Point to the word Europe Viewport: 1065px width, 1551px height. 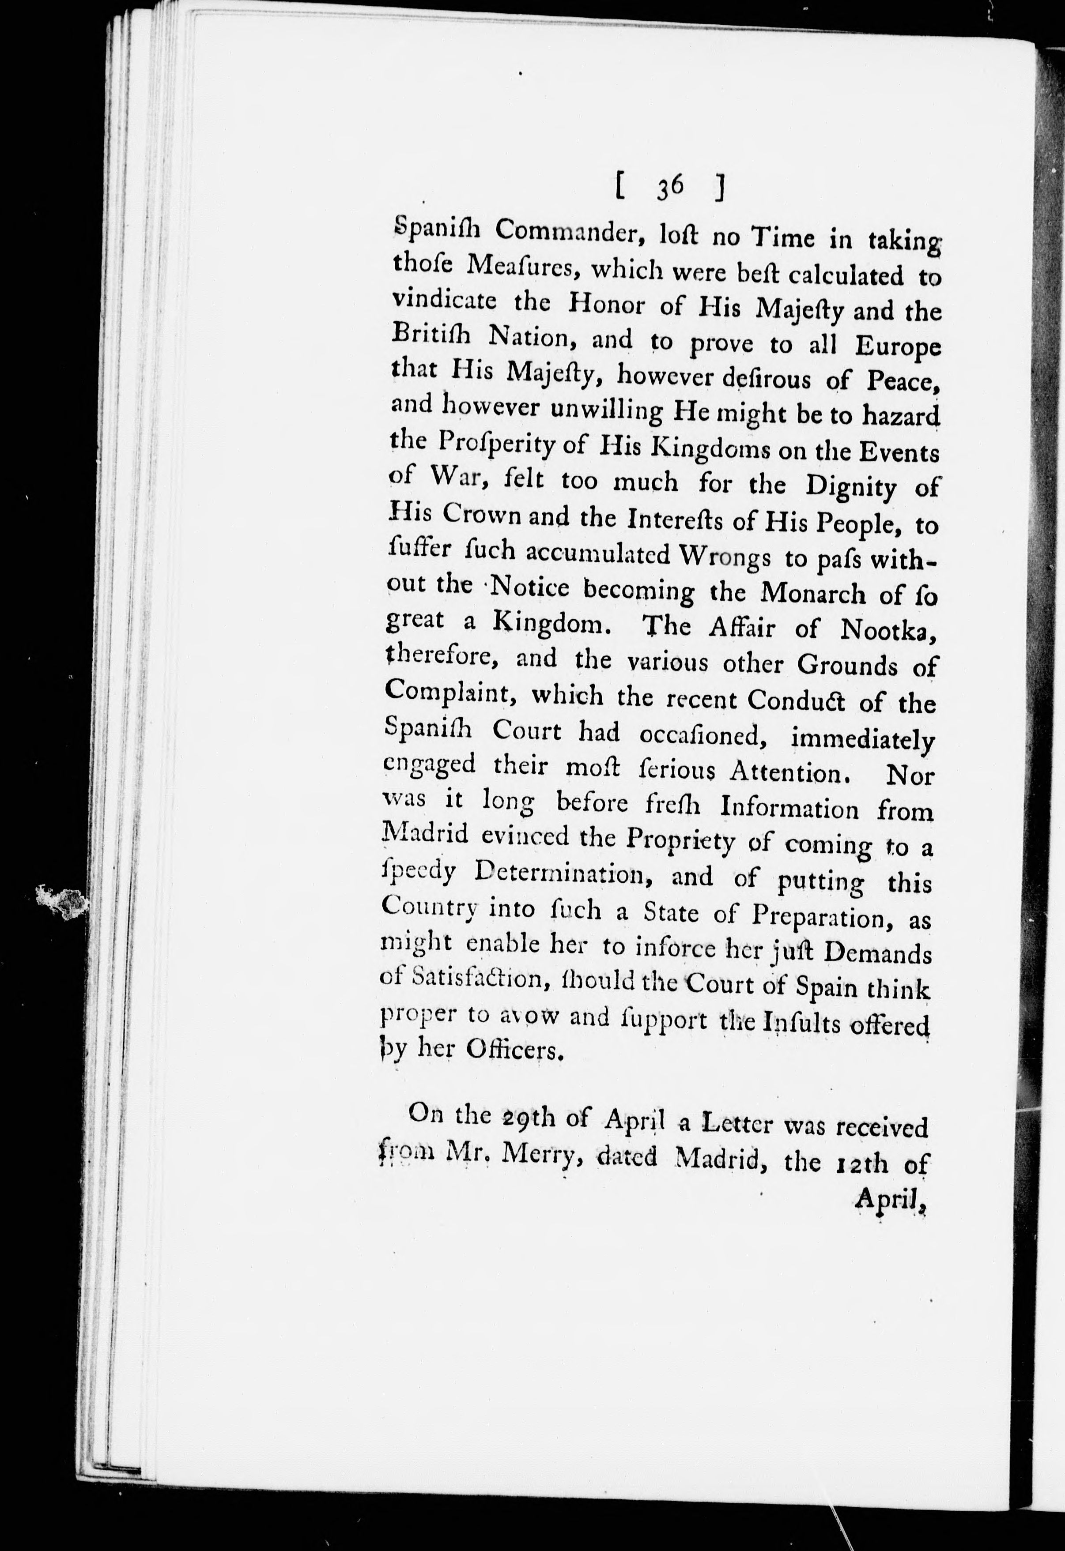click(x=897, y=347)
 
